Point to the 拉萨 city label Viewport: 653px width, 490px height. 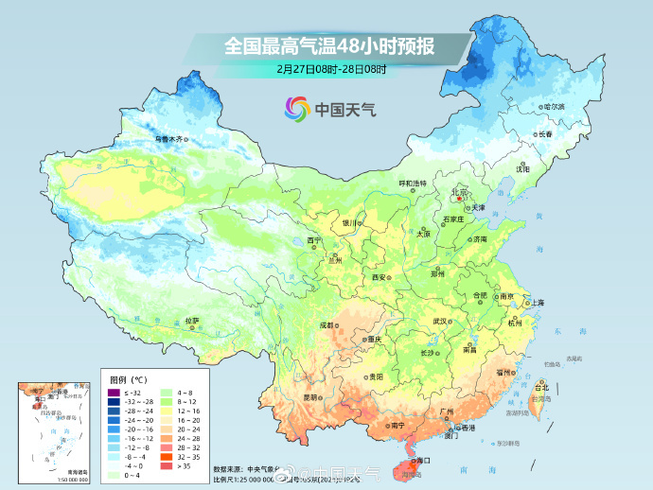point(192,320)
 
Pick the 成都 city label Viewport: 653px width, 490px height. point(326,324)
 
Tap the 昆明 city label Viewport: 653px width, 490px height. point(311,397)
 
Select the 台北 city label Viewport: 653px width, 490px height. point(541,387)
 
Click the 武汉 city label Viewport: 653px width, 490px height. point(439,321)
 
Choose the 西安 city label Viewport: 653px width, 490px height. point(379,277)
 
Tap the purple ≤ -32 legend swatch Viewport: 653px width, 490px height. point(112,392)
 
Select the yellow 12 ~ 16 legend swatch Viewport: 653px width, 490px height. point(164,411)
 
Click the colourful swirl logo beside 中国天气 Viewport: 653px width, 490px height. point(296,109)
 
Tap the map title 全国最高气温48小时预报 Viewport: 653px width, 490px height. point(326,44)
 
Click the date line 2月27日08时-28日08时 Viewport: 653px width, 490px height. point(326,69)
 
